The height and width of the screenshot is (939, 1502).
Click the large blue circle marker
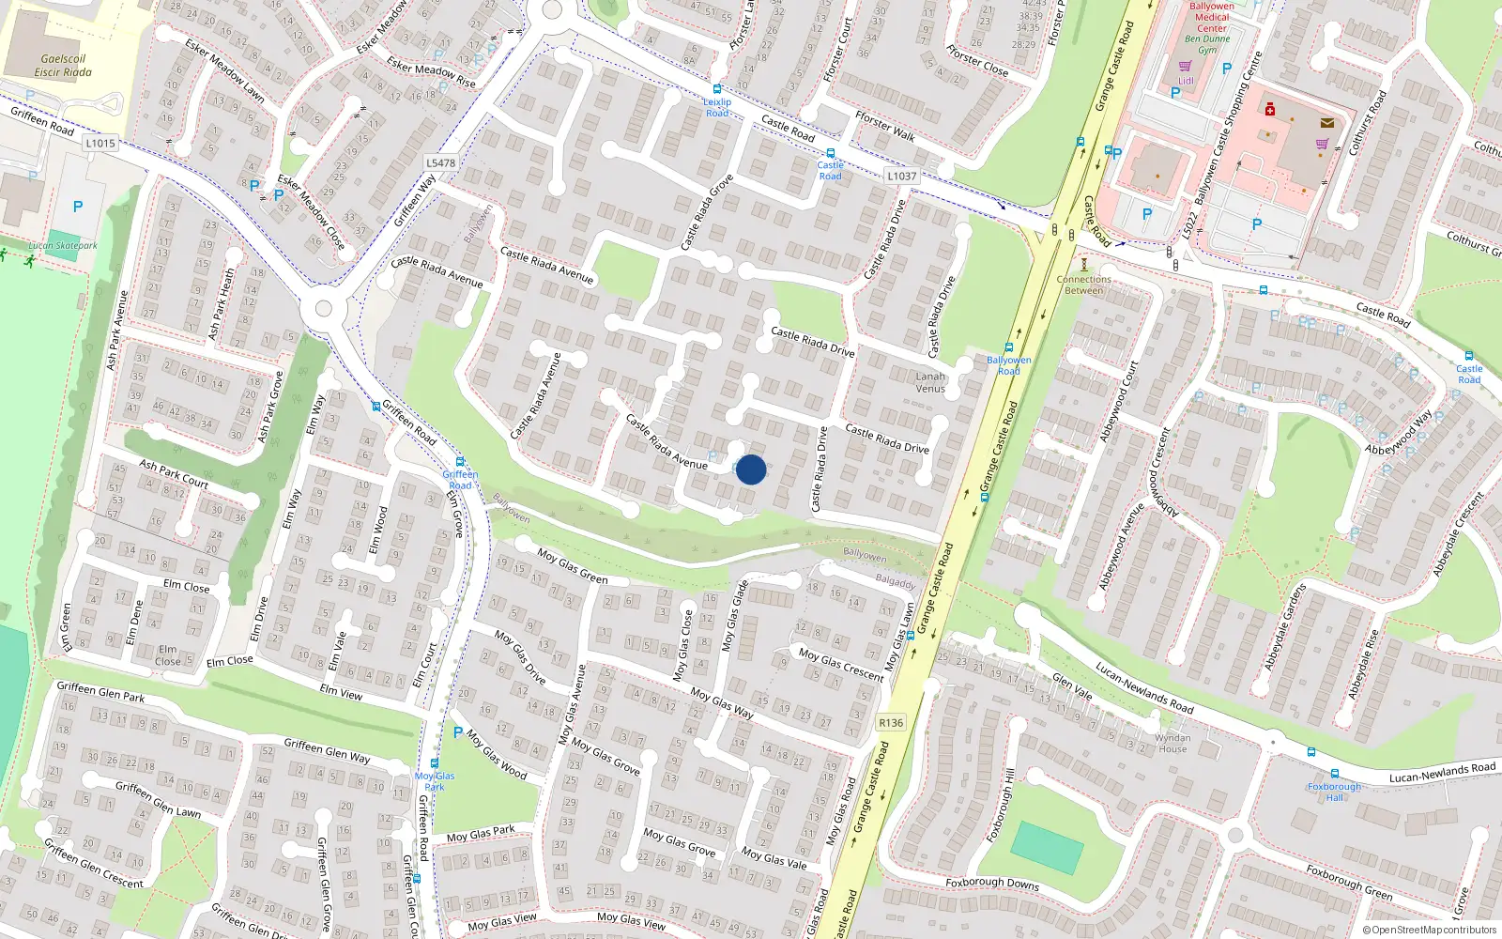tap(751, 469)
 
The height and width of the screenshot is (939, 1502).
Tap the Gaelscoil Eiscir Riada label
tap(63, 66)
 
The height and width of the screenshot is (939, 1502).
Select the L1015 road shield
tap(100, 144)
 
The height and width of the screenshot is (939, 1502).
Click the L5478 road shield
tap(440, 162)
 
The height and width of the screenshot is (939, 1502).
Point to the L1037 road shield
tap(901, 176)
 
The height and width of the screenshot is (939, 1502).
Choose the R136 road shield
tap(891, 722)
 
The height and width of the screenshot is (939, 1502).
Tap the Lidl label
tap(1187, 81)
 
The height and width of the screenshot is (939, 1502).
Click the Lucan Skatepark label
tap(63, 246)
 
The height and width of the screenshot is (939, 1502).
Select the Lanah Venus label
tap(930, 382)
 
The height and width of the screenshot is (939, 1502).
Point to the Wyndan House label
tap(1172, 744)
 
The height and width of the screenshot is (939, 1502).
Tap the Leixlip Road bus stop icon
tap(717, 89)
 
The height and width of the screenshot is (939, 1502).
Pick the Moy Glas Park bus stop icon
tap(434, 763)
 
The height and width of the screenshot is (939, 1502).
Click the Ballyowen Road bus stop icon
tap(1009, 347)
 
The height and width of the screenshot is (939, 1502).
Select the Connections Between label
tap(1084, 285)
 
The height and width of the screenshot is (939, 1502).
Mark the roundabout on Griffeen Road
tap(324, 308)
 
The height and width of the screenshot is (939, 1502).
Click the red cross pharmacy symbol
tap(1270, 110)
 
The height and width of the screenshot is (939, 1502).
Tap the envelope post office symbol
tap(1326, 122)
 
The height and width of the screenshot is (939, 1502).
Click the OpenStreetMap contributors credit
tap(1429, 930)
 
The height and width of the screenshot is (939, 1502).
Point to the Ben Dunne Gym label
tap(1207, 44)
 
